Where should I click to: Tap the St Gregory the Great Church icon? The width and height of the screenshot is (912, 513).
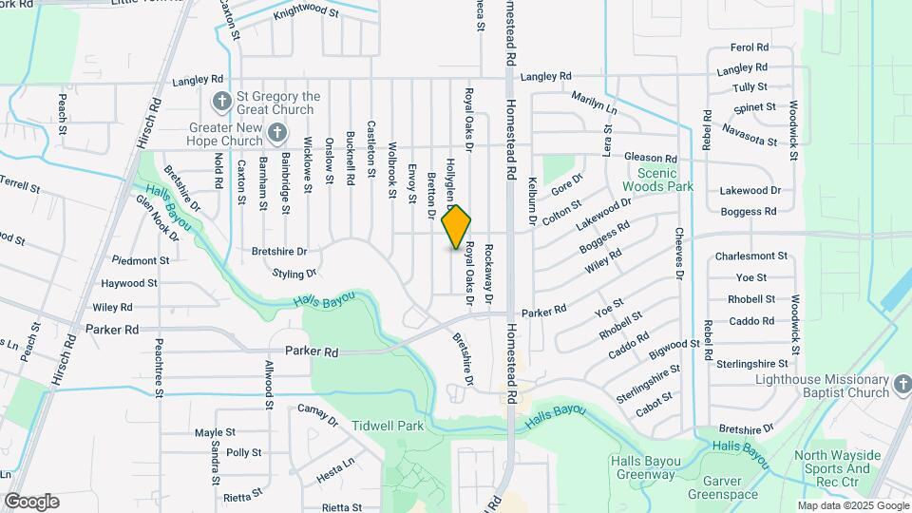221,100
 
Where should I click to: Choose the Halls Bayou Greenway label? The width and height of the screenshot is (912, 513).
644,467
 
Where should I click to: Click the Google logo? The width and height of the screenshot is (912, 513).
31,502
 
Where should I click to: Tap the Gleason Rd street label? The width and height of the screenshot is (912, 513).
651,159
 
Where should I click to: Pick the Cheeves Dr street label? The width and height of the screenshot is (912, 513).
680,253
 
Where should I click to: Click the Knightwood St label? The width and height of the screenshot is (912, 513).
305,12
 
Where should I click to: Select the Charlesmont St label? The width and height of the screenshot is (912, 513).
751,256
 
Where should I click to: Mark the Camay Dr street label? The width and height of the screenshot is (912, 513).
318,413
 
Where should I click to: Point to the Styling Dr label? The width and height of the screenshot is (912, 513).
294,274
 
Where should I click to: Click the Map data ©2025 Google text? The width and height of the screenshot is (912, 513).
853,505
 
